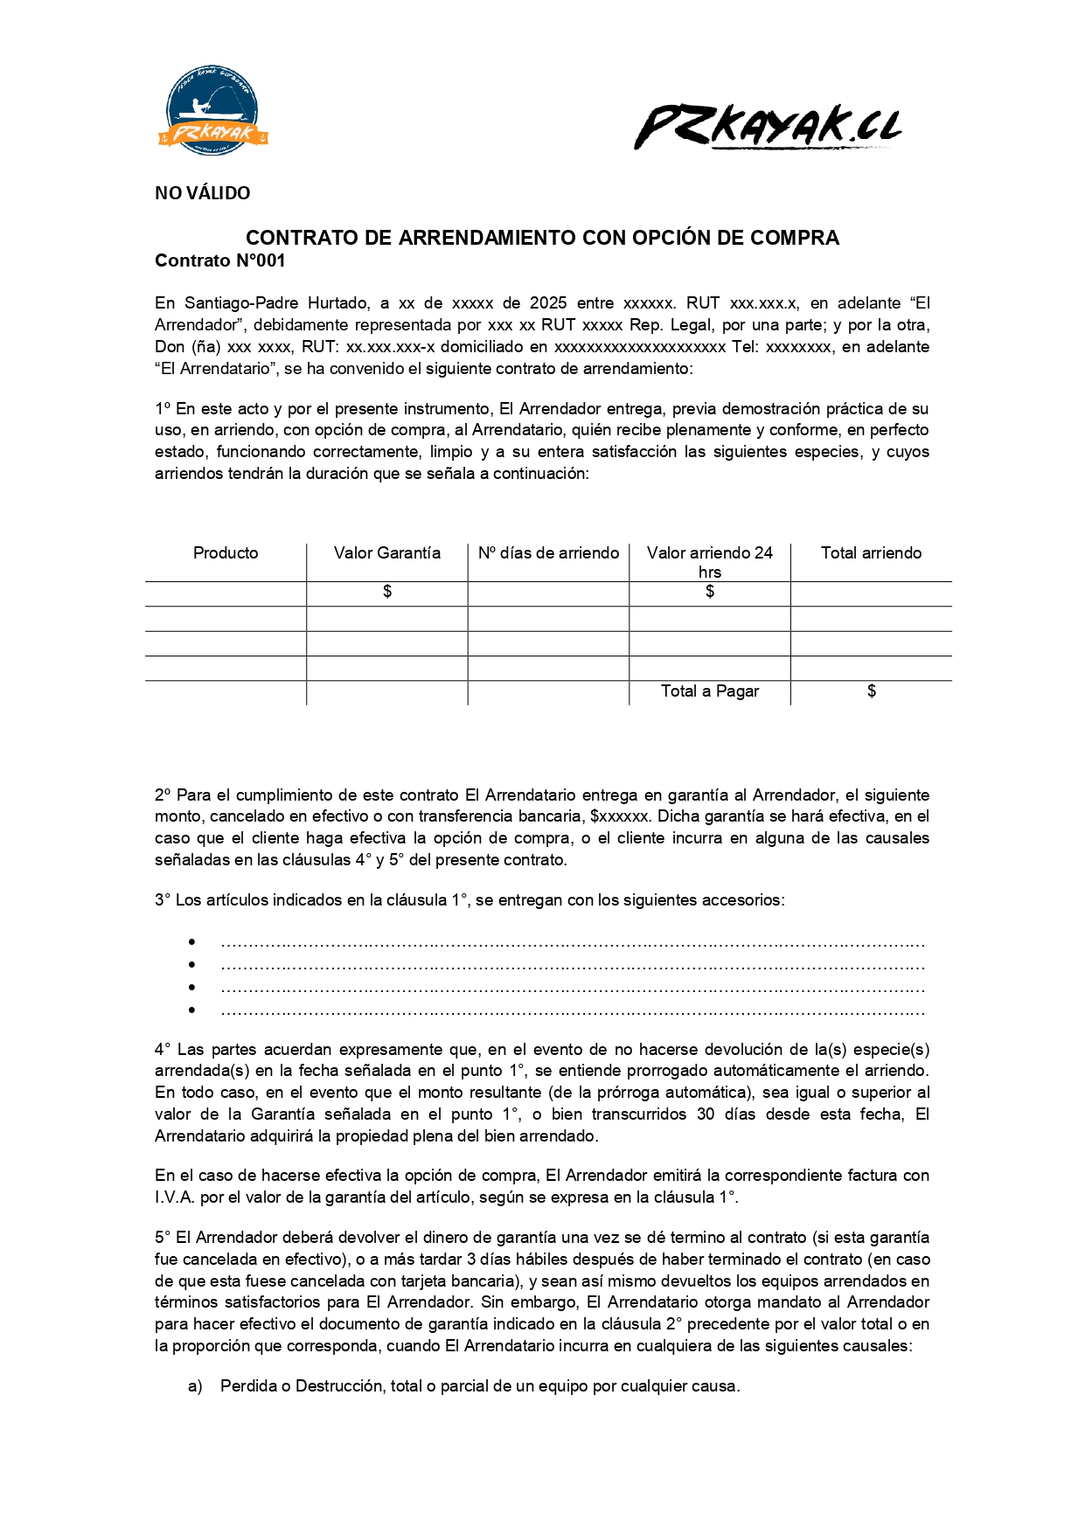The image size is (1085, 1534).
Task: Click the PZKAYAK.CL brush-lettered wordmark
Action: point(769,127)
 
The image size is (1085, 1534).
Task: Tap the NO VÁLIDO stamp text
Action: point(202,193)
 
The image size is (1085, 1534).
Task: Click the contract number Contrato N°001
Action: point(219,260)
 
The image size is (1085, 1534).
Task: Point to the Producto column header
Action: point(226,553)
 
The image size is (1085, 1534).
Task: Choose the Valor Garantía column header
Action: point(387,553)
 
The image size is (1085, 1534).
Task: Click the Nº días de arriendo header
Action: point(548,553)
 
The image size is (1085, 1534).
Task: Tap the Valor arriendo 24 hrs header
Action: point(710,562)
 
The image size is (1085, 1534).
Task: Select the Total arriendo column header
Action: point(871,553)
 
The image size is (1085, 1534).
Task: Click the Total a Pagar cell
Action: point(710,691)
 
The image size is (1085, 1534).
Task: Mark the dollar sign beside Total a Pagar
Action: point(872,691)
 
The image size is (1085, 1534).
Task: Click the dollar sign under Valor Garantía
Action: point(387,592)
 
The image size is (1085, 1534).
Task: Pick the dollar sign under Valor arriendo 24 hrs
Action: point(710,592)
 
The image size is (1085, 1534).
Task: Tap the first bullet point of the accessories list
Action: point(191,942)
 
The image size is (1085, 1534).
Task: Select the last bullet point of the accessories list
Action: point(191,1010)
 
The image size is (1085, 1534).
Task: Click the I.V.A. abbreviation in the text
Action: point(175,1197)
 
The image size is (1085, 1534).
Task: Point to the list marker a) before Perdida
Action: point(195,1386)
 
